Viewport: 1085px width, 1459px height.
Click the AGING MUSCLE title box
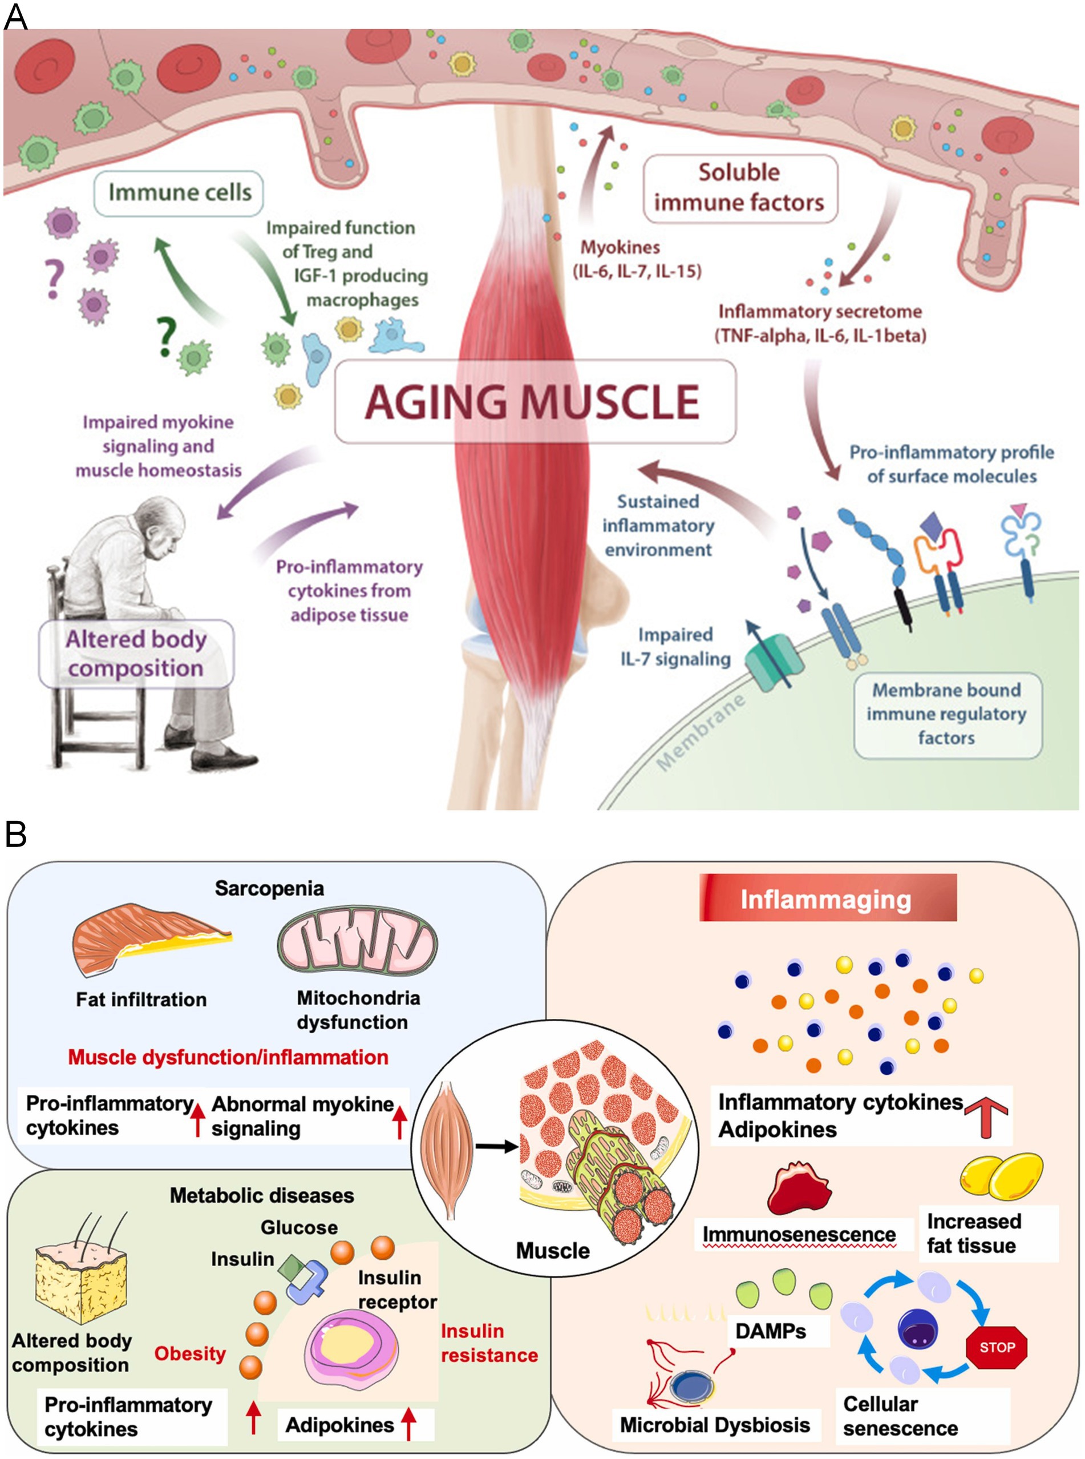[535, 401]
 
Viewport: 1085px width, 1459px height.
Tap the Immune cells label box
[179, 193]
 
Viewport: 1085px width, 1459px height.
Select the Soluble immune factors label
[739, 188]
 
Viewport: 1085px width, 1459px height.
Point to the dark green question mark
[166, 336]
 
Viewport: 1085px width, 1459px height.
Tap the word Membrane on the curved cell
[702, 731]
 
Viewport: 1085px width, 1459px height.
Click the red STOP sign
[997, 1347]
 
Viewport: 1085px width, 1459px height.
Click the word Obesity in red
[190, 1354]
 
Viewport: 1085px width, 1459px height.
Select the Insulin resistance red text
[489, 1343]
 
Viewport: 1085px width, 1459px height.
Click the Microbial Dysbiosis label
[715, 1425]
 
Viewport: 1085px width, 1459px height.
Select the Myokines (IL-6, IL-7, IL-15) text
[637, 259]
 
